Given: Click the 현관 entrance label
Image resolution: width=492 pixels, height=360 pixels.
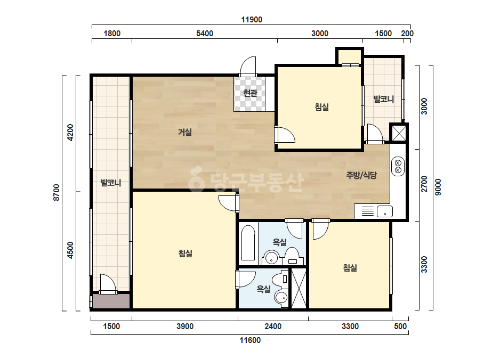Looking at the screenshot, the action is point(250,93).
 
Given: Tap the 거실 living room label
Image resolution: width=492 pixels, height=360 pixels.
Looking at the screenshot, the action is point(185,132).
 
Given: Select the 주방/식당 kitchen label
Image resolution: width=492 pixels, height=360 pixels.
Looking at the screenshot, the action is point(361,175).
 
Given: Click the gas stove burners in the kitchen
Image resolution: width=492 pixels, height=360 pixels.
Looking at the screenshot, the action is point(398,167).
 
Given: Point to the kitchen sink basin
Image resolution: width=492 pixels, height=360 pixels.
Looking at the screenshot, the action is point(385,211).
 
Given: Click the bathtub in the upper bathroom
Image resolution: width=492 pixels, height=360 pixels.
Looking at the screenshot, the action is point(248,243).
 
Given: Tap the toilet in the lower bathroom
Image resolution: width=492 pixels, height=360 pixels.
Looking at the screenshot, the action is point(280,279).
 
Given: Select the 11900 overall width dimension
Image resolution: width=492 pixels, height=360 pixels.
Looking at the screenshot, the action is point(252,20).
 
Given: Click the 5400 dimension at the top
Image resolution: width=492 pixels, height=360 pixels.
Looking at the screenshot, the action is point(205,33).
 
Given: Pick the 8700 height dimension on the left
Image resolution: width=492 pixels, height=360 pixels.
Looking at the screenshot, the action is point(56,193).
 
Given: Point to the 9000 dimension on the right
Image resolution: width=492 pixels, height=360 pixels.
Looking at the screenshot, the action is point(438,187).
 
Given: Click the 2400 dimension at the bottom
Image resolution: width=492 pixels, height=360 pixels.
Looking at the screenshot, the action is point(273,326).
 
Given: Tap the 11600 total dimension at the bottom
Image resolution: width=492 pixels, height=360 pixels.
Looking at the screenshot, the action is point(250,340).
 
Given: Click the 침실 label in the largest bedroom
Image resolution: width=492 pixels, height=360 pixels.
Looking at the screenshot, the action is point(185,253).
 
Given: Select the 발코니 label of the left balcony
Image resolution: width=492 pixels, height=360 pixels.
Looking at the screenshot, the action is point(111,183).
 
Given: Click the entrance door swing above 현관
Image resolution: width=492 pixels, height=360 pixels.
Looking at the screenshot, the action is point(248,66).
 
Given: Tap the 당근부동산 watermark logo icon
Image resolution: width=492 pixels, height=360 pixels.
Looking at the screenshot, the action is point(196,179).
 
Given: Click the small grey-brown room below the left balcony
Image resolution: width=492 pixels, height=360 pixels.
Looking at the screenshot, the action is point(111,301).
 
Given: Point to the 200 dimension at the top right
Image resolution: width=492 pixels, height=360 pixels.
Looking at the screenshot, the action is point(407,33).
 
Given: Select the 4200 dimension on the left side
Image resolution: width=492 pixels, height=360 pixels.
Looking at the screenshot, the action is point(70,133).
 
